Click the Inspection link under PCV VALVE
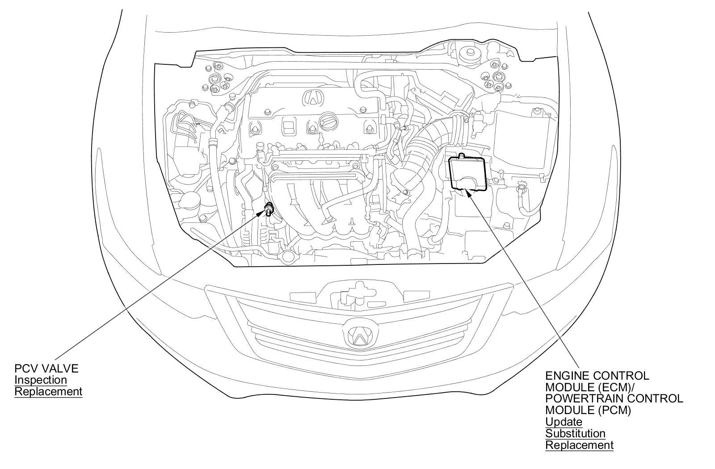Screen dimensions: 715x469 click(x=41, y=380)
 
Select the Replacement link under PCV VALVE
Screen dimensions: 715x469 click(x=48, y=392)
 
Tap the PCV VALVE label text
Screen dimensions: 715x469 click(x=46, y=368)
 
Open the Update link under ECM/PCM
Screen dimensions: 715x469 click(x=564, y=422)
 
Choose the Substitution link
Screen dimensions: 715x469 click(x=576, y=433)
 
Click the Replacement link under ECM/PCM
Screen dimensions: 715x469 click(x=579, y=445)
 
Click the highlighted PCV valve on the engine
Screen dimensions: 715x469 click(x=269, y=208)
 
